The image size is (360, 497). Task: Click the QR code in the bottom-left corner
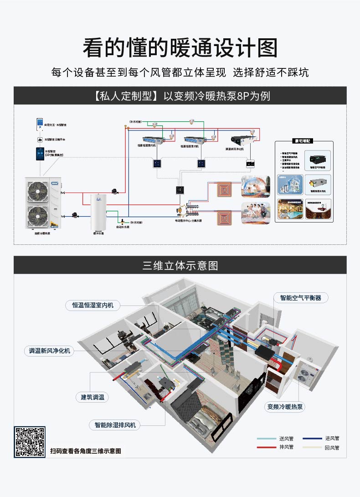pyautogui.click(x=30, y=441)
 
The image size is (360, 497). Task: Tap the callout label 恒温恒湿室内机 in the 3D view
pyautogui.click(x=93, y=305)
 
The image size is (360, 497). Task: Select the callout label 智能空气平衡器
pyautogui.click(x=301, y=298)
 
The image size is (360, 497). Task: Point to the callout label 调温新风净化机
pyautogui.click(x=48, y=351)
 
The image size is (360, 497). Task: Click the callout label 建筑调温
pyautogui.click(x=93, y=397)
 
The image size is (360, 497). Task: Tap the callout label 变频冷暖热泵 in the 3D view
pyautogui.click(x=285, y=407)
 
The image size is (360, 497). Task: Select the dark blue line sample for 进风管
pyautogui.click(x=312, y=439)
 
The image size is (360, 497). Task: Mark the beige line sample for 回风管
pyautogui.click(x=312, y=447)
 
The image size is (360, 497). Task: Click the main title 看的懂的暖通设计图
pyautogui.click(x=180, y=47)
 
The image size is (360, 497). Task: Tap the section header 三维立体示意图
pyautogui.click(x=180, y=265)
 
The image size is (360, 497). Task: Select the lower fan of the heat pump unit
pyautogui.click(x=37, y=214)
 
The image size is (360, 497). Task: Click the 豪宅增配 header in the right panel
pyautogui.click(x=304, y=141)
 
